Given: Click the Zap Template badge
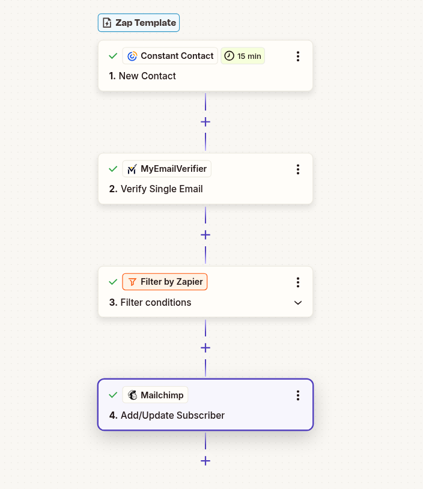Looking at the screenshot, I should [139, 23].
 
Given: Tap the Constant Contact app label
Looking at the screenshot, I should [170, 56].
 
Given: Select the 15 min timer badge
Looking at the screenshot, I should [243, 56].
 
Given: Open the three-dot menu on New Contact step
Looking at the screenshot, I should [298, 56].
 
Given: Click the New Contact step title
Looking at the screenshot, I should [143, 76].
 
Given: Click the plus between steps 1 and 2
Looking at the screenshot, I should [205, 122].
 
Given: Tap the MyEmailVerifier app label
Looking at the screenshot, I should [167, 169].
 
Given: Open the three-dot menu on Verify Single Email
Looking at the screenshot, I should [298, 169].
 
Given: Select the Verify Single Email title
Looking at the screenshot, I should [156, 189].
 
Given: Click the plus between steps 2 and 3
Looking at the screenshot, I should [205, 235].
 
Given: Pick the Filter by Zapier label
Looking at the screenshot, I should [165, 282].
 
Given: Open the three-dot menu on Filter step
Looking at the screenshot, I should [298, 282].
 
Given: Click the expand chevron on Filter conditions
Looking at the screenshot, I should [298, 303].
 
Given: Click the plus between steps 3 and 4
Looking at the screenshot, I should [205, 348].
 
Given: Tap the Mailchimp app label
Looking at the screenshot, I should [156, 395].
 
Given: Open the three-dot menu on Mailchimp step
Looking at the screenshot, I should [298, 395].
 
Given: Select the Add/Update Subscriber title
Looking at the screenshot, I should [167, 415].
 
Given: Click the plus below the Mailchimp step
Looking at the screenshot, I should [205, 461].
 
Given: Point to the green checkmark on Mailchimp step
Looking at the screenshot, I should [112, 395].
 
